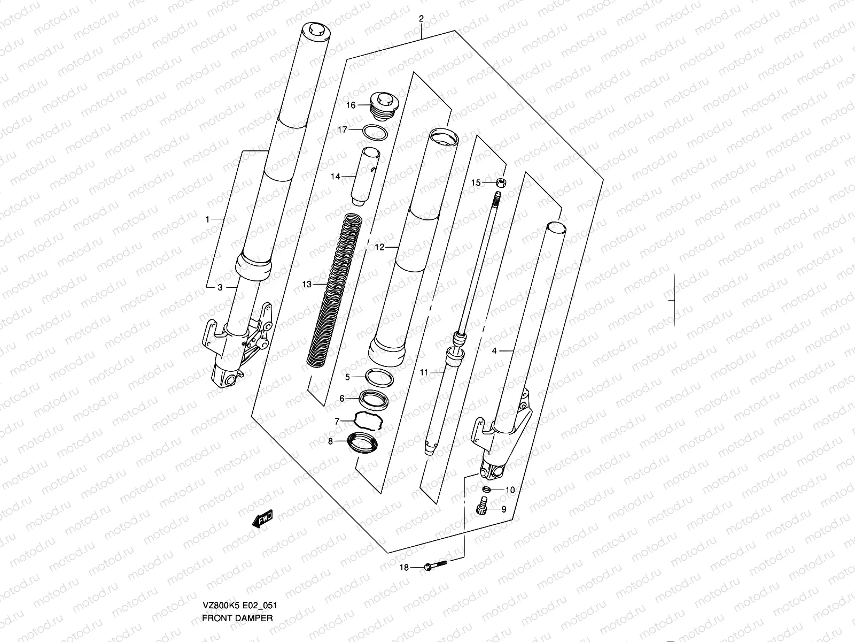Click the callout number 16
(351, 105)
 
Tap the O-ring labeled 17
(376, 132)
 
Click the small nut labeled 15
(501, 183)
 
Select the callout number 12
(379, 247)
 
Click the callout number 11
(424, 372)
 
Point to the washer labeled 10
(486, 489)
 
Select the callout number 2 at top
(421, 19)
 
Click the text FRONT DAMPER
(237, 618)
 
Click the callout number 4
(494, 351)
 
